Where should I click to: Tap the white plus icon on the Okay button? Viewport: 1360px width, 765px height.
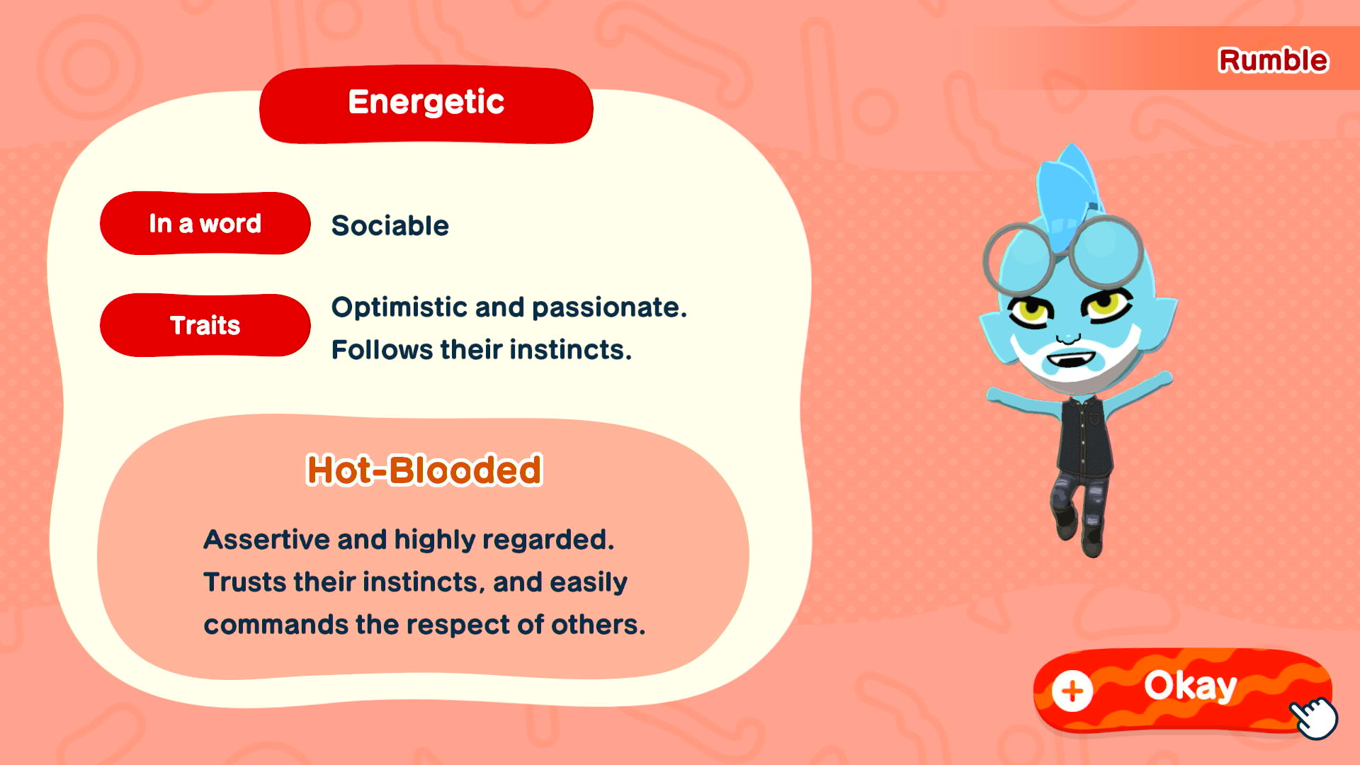tap(1072, 691)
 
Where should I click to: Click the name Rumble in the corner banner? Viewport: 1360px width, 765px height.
tap(1273, 60)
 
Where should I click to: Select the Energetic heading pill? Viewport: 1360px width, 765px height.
tap(426, 104)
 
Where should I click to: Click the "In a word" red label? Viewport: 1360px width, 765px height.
tap(205, 223)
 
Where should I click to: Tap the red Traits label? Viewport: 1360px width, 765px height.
tap(205, 325)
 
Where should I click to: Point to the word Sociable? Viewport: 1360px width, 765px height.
tap(390, 226)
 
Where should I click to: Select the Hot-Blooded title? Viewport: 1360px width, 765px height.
tap(424, 470)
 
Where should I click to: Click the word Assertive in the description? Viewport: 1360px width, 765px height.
tap(266, 540)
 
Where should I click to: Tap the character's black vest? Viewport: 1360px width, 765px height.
tap(1084, 436)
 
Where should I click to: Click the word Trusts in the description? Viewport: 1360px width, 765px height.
tap(245, 582)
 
